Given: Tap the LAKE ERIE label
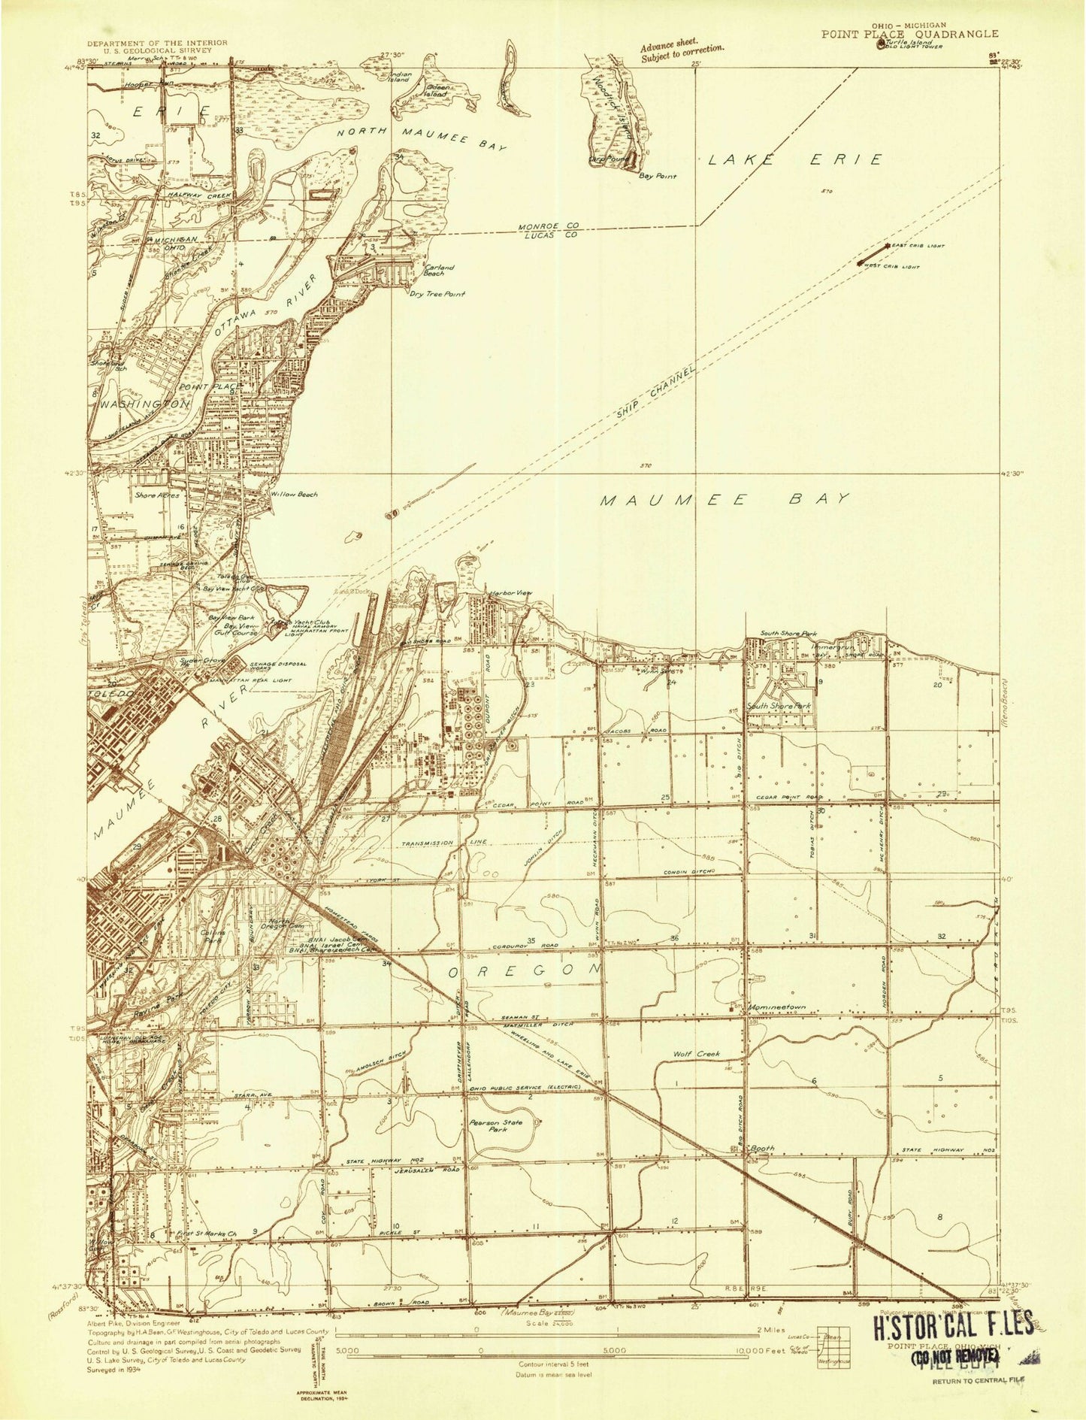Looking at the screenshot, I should click(x=794, y=159).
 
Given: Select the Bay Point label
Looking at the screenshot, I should click(x=658, y=176).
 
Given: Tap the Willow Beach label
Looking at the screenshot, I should click(x=295, y=495).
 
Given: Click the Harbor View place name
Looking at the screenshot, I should click(x=510, y=594).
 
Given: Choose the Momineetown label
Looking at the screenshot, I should click(x=776, y=1007).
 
